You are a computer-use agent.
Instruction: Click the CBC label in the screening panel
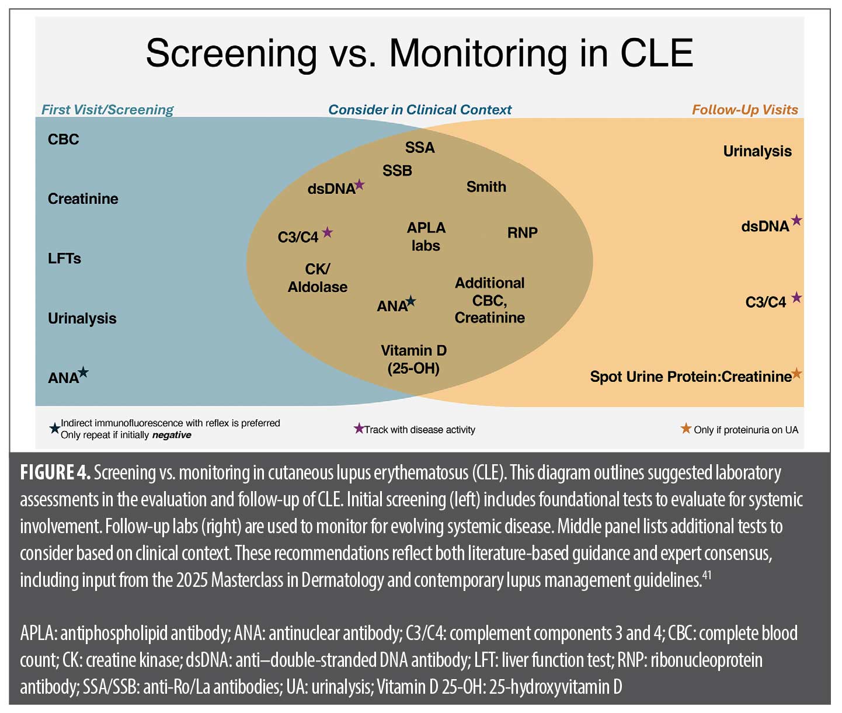[x=63, y=140]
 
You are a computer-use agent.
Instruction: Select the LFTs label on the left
[x=64, y=259]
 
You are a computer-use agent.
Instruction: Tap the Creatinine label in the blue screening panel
[x=83, y=199]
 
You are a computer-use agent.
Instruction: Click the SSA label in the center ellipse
[x=420, y=148]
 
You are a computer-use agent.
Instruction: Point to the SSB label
[x=397, y=171]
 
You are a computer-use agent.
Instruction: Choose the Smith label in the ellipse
[x=486, y=187]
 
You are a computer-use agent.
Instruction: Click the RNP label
[x=522, y=233]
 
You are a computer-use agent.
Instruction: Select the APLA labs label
[x=426, y=236]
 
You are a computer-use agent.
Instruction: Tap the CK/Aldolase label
[x=317, y=278]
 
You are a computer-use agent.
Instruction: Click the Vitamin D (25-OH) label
[x=413, y=359]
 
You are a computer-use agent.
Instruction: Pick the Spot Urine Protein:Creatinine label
[x=690, y=377]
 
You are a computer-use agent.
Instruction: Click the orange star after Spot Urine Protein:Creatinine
[x=796, y=374]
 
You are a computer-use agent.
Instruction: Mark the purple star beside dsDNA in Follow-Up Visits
[x=796, y=221]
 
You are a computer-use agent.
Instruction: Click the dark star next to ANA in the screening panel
[x=83, y=372]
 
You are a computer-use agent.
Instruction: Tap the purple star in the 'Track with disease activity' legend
[x=359, y=429]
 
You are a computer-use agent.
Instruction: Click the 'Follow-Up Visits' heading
[x=744, y=110]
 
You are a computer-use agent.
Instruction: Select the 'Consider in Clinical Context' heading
[x=419, y=110]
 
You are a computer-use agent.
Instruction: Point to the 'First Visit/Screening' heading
[x=107, y=110]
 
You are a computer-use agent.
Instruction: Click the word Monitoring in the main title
[x=478, y=54]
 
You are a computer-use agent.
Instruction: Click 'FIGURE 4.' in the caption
[x=55, y=472]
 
